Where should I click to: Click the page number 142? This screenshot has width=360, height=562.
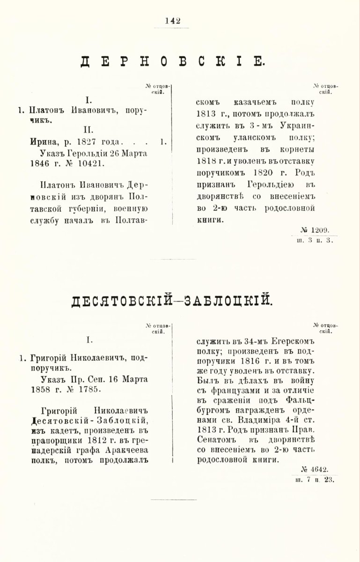click(173, 21)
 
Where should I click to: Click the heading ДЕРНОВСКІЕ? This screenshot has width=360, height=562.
click(173, 62)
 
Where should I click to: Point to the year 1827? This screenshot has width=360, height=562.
click(86, 141)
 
